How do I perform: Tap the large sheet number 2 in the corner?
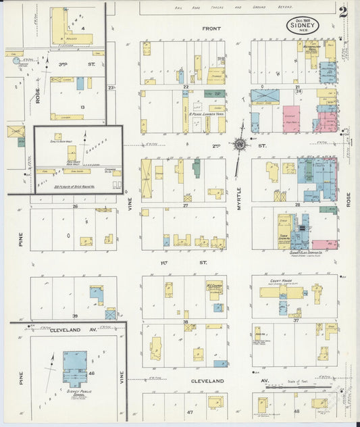[344, 11]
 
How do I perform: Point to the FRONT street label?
[211, 29]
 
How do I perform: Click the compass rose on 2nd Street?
[239, 143]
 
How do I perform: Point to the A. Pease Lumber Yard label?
[206, 114]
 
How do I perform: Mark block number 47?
[190, 411]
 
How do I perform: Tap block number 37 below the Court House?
[296, 320]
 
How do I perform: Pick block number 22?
[185, 86]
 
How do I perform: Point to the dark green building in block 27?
[196, 168]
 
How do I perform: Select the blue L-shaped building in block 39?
[97, 294]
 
